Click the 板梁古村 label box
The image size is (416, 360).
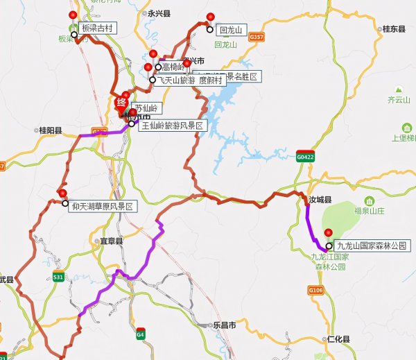[96, 28]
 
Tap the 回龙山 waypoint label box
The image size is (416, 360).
[228, 31]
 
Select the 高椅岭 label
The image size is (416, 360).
[173, 67]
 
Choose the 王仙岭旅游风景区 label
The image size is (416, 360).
[172, 126]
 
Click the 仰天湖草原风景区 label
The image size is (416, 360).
[101, 206]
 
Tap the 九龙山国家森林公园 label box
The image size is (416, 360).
[369, 246]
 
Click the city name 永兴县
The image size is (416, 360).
[159, 13]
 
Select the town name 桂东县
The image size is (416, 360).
[394, 29]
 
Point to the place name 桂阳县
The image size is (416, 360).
[51, 130]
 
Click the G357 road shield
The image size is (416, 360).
[257, 36]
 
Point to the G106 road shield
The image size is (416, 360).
[316, 289]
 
